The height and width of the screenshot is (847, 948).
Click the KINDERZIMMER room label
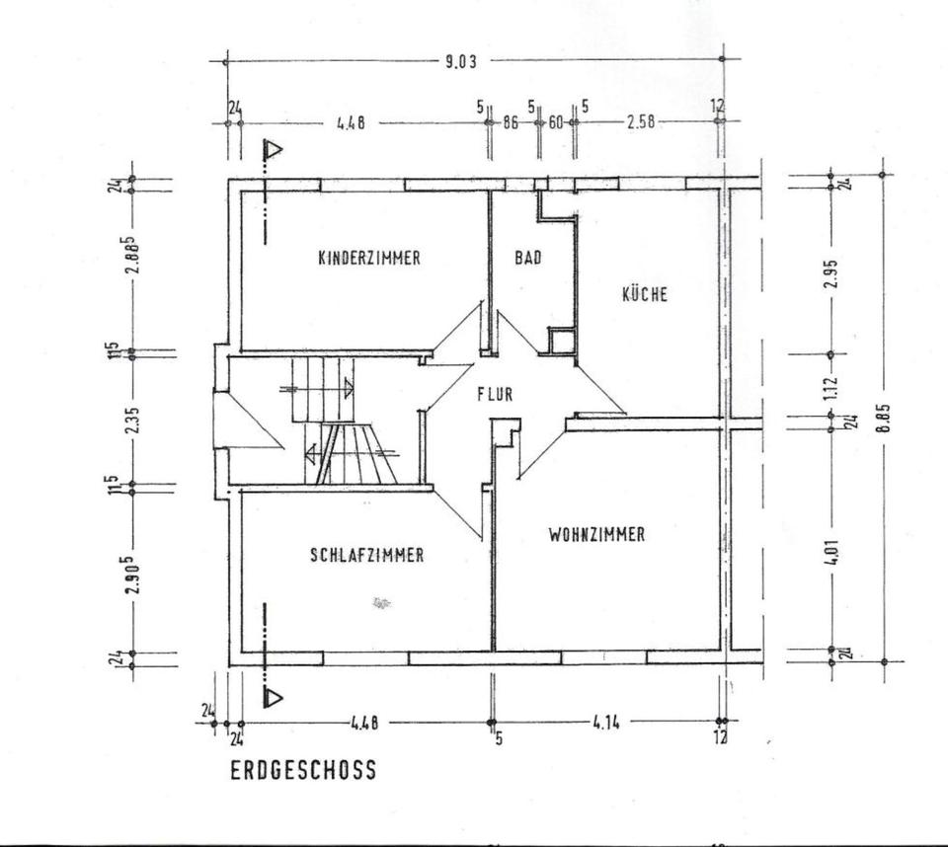[369, 259]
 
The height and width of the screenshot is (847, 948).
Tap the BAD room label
[528, 259]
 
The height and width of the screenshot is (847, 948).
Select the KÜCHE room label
[644, 294]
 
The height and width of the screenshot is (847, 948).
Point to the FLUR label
[495, 394]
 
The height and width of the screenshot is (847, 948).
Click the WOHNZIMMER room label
[596, 534]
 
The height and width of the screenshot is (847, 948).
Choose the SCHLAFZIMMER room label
[367, 555]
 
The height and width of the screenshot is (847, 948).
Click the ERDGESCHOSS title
[303, 770]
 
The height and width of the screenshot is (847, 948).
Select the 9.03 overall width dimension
[461, 61]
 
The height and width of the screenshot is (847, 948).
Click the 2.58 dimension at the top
[642, 122]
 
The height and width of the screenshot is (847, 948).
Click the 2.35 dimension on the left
[132, 421]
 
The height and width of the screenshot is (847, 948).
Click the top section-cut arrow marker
[272, 151]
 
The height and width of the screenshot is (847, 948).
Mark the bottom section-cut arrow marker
[272, 697]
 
